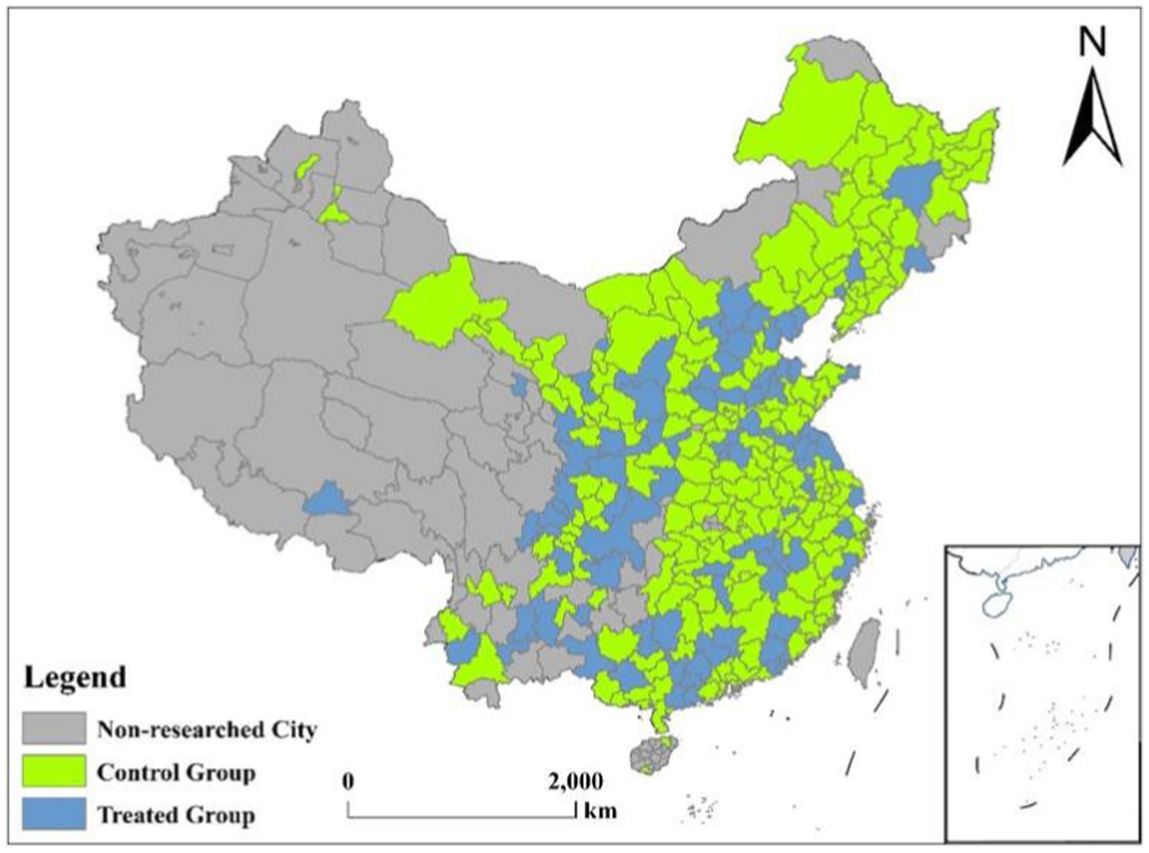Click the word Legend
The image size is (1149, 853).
coord(75,677)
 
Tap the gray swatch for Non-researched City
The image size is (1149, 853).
coord(54,729)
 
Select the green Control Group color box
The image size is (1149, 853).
coord(54,771)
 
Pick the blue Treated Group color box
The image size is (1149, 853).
coord(54,814)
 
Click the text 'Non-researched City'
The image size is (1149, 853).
coord(207,730)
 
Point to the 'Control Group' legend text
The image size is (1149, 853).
coord(176,772)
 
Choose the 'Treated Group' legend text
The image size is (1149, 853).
coord(176,815)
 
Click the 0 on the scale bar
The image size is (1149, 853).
coord(348,782)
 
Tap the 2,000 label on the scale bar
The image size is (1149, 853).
coord(576,782)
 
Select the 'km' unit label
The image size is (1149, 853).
coord(600,810)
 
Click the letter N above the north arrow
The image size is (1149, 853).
coord(1092,42)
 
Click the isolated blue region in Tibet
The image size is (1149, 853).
coord(328,499)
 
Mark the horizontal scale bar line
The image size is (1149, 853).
coord(461,816)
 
